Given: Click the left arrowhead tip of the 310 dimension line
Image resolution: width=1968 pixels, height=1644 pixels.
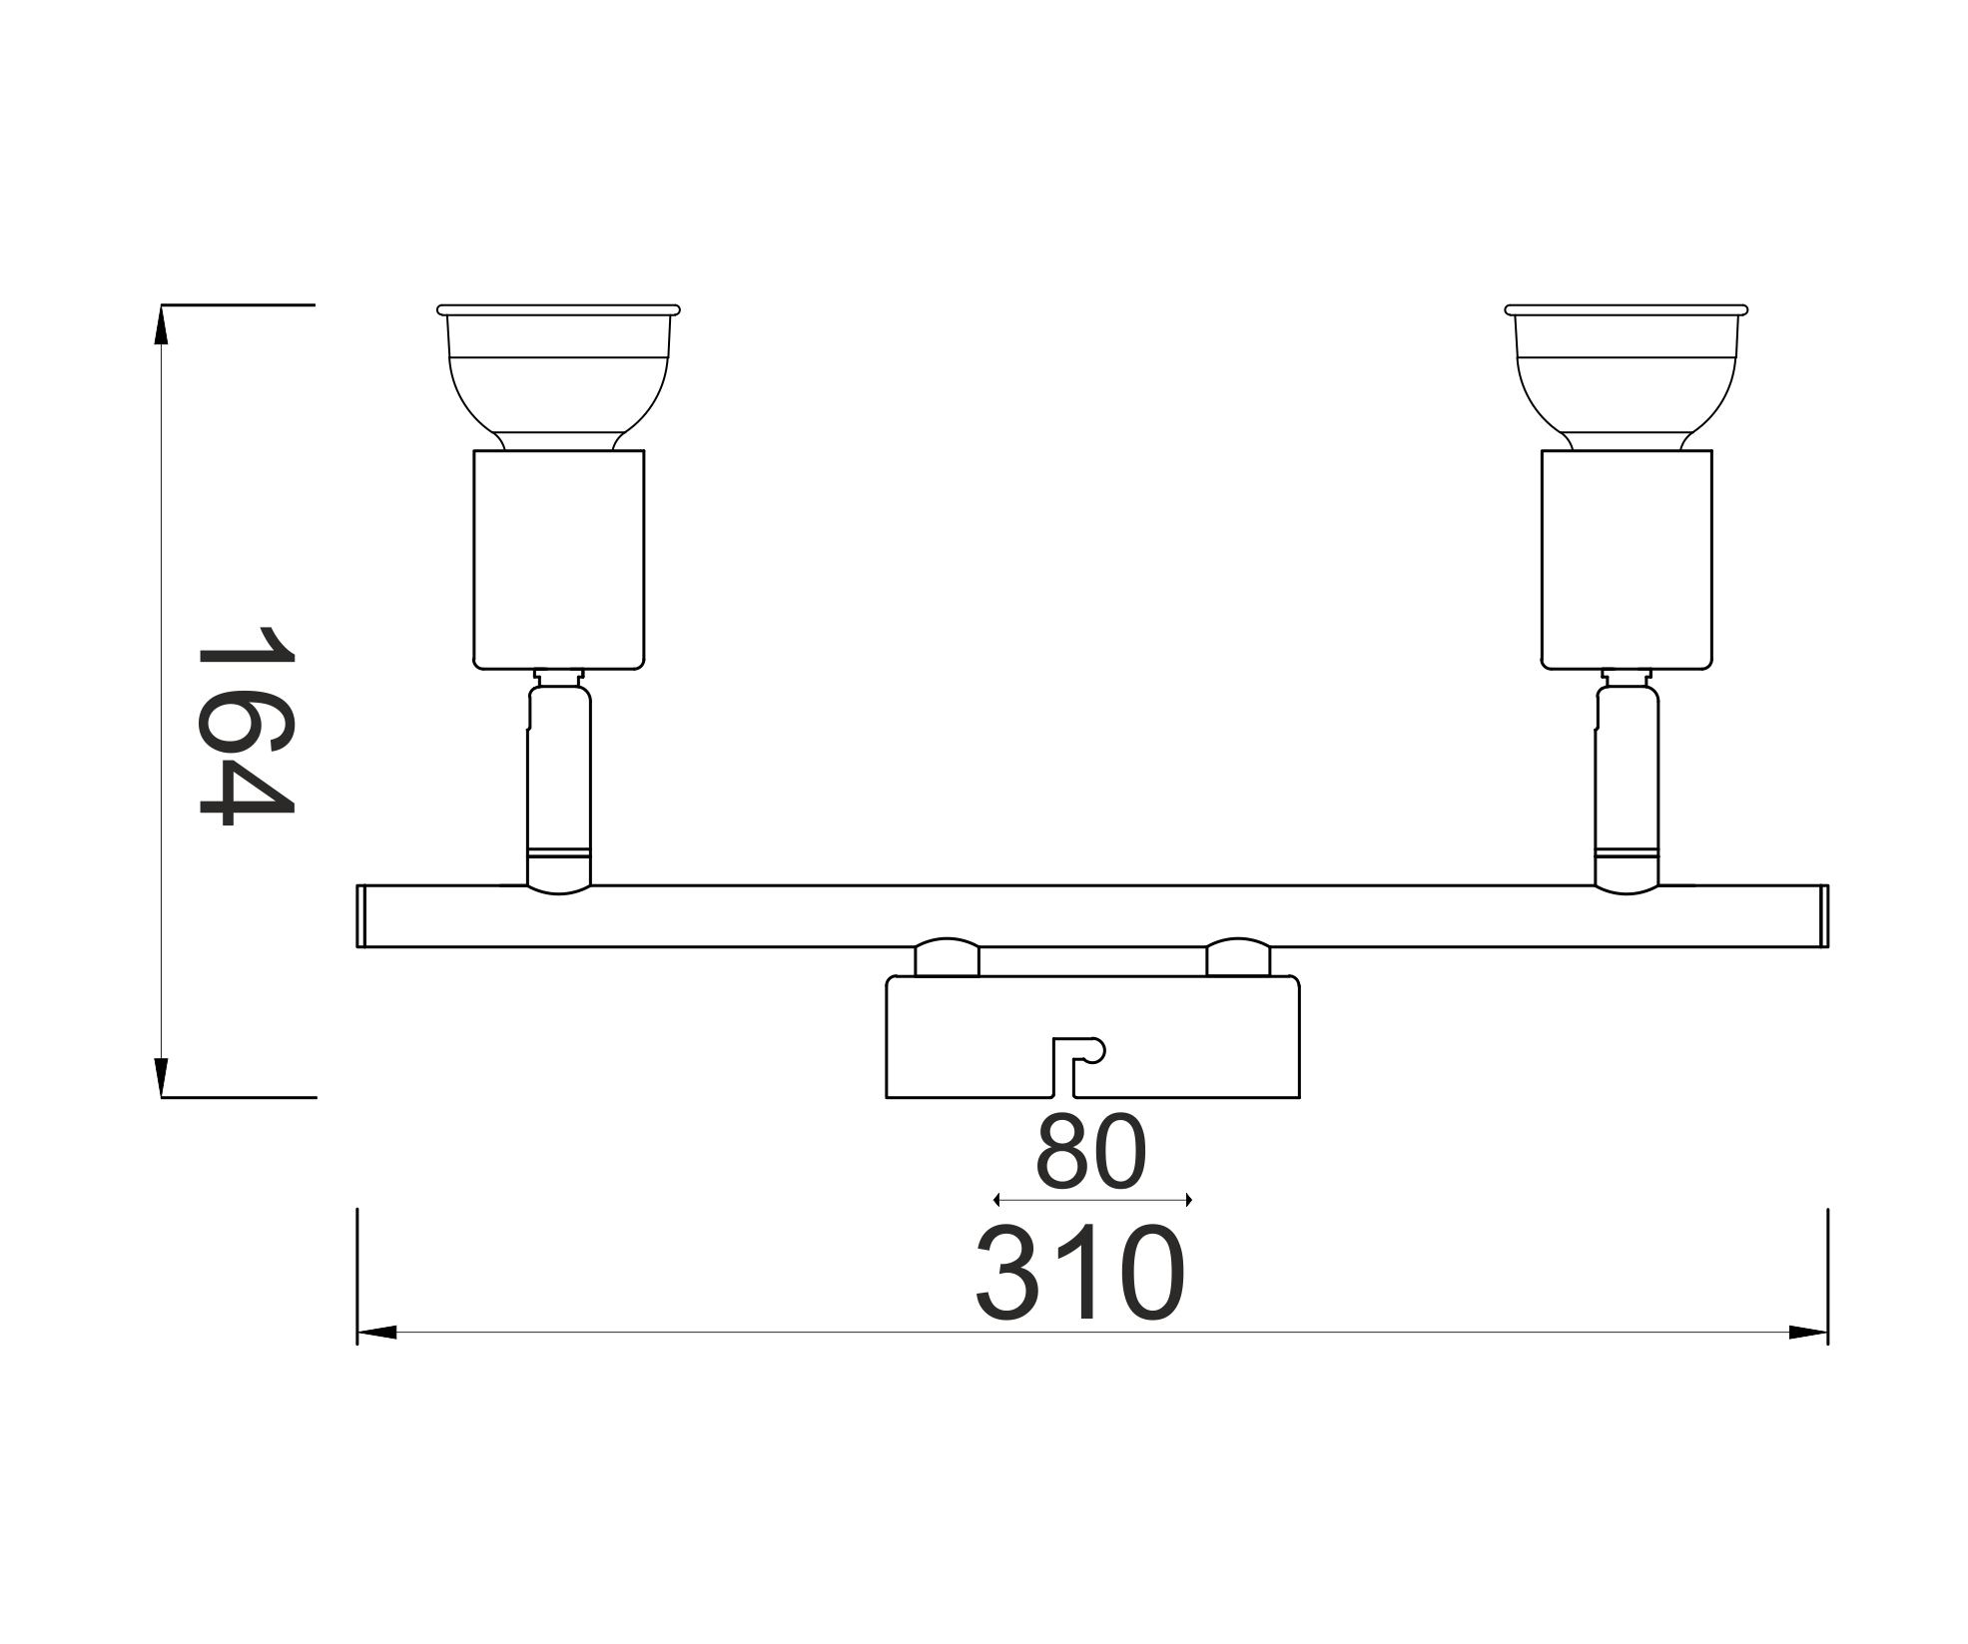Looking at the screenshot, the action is [x=357, y=1332].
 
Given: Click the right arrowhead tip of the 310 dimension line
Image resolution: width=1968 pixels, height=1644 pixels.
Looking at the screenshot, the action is [x=1827, y=1332].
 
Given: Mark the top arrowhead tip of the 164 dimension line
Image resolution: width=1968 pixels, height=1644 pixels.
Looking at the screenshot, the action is [x=162, y=305].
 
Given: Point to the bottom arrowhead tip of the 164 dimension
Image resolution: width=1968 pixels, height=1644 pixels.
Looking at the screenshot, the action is [x=162, y=1097].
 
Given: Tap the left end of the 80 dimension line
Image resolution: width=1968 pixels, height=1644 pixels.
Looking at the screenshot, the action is [x=994, y=1200].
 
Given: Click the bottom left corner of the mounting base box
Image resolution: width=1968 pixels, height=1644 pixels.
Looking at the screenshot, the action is [x=887, y=1097].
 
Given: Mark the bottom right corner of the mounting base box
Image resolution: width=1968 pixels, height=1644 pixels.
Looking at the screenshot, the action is [x=1299, y=1097].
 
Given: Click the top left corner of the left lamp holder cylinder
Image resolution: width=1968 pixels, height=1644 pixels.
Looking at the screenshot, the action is [x=474, y=451].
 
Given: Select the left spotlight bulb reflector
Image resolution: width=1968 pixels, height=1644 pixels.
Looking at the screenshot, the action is [x=558, y=377].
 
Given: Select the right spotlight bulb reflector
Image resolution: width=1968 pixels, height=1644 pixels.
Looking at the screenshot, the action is [x=1627, y=377].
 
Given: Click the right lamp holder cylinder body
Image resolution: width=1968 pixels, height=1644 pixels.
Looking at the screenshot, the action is [x=1627, y=560].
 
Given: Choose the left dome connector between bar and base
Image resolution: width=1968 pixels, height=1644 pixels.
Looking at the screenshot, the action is [x=947, y=957].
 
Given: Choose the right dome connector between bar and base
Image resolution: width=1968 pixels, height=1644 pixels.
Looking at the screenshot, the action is [x=1239, y=957].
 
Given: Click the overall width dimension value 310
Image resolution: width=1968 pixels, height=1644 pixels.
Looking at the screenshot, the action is [x=1081, y=1273].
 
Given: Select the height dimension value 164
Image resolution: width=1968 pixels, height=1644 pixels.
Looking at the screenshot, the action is [x=247, y=726].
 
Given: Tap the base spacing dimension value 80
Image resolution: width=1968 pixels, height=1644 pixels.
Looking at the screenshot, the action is [x=1091, y=1151].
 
